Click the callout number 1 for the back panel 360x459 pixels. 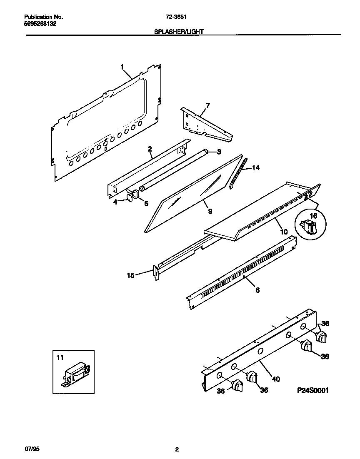pos(122,67)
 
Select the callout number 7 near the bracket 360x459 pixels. pos(207,105)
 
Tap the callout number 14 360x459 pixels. pos(256,168)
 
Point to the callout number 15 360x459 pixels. pos(131,275)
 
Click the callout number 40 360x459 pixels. pos(275,379)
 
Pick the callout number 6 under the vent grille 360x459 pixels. pos(257,290)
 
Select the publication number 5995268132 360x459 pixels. pos(41,24)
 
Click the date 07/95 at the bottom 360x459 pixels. pos(32,449)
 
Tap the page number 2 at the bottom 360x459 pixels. pos(177,449)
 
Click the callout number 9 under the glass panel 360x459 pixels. pos(210,212)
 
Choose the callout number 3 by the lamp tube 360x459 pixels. pos(218,152)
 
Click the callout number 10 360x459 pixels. pos(283,232)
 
